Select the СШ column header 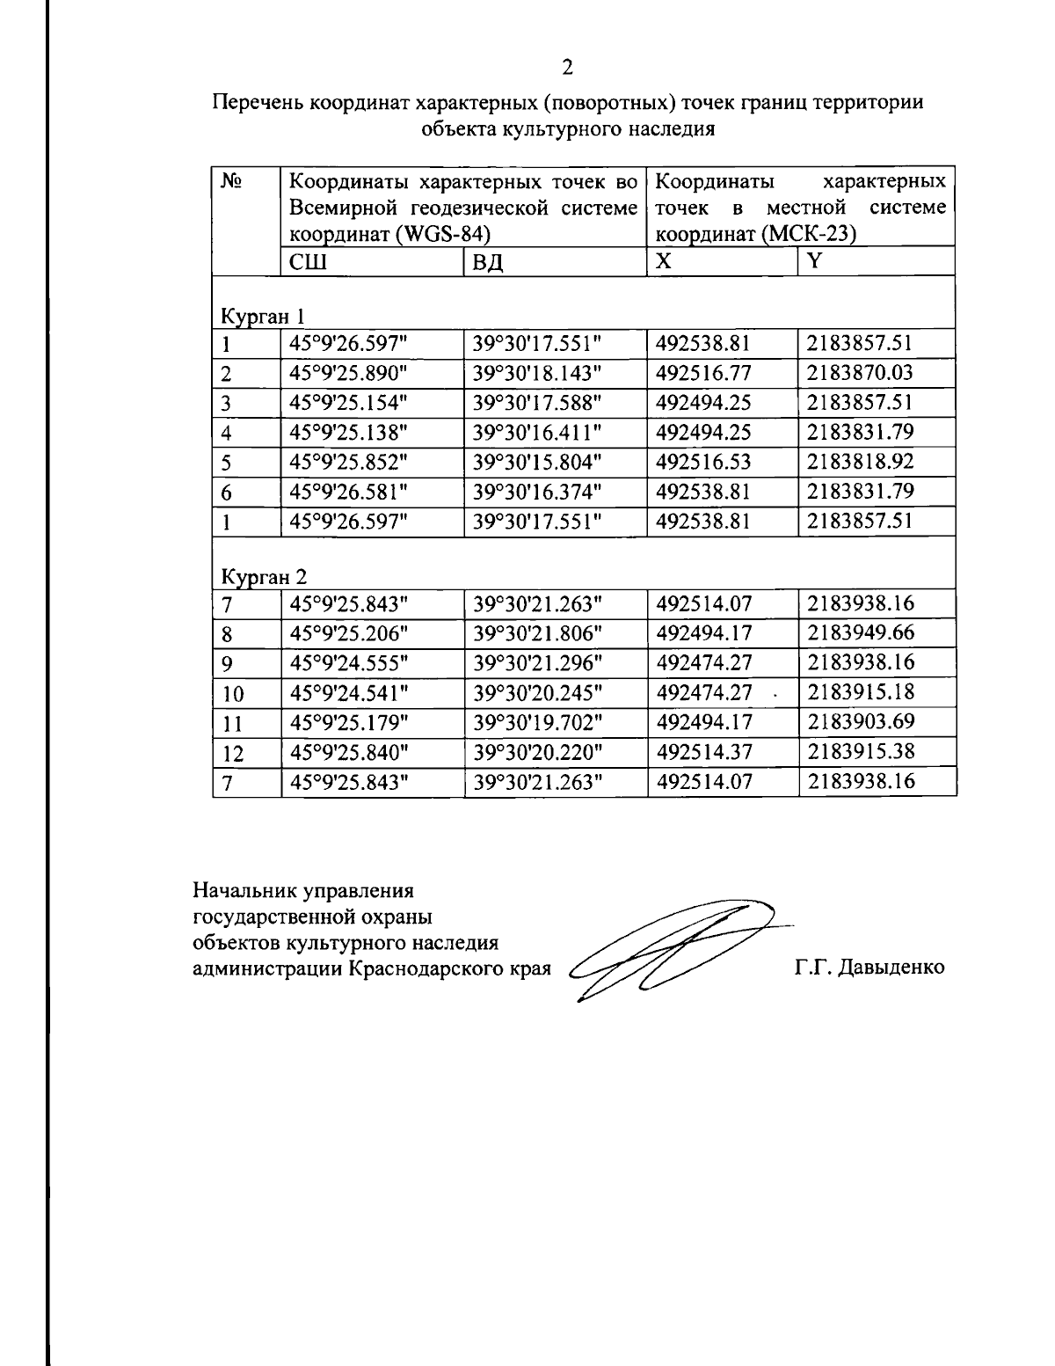[306, 262]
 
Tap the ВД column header [489, 262]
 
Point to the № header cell [231, 183]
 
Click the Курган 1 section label [262, 315]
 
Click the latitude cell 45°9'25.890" [349, 372]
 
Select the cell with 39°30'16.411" [537, 432]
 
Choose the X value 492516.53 [703, 462]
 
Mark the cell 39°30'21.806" [537, 632]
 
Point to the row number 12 [232, 753]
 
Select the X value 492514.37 [703, 752]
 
